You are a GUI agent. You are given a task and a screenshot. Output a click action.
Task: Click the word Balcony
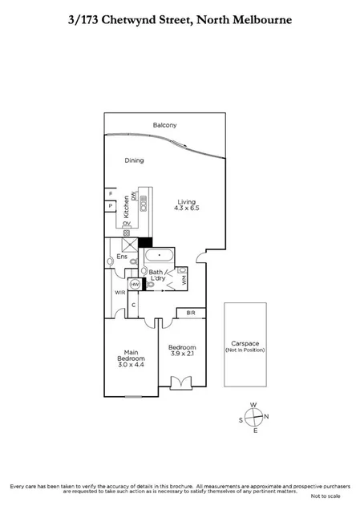164,125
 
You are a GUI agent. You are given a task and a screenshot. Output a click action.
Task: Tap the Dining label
134,160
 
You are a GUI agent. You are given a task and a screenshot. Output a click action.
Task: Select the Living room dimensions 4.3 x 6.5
187,208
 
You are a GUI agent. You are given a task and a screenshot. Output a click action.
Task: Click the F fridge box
110,193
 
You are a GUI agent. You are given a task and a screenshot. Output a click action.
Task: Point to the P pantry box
110,206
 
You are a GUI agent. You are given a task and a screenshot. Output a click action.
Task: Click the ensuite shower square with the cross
127,246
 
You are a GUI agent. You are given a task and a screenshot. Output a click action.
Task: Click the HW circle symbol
136,285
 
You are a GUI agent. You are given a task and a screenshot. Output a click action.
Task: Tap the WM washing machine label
183,280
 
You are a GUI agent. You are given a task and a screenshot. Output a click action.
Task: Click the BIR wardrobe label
191,312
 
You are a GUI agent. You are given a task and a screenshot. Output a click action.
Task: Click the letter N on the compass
267,416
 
